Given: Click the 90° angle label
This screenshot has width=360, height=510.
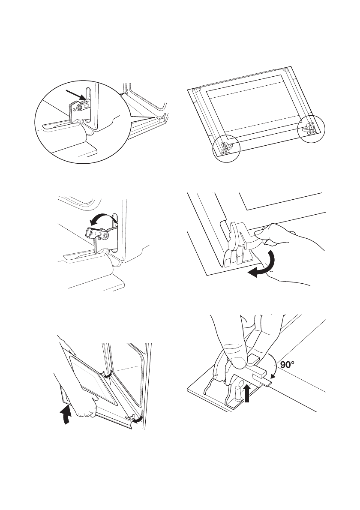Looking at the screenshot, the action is click(x=287, y=365).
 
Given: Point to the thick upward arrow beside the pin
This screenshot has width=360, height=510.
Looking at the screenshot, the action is click(x=247, y=392).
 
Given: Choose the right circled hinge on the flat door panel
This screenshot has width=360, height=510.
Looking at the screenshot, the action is click(x=311, y=129).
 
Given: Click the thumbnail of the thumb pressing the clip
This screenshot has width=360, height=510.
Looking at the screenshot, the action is click(x=240, y=363).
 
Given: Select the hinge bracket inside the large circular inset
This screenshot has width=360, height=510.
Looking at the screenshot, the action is click(x=78, y=110).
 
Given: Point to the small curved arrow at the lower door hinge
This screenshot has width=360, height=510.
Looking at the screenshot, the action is click(x=139, y=418).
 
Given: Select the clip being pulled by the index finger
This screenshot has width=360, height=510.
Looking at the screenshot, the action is click(x=240, y=241).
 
